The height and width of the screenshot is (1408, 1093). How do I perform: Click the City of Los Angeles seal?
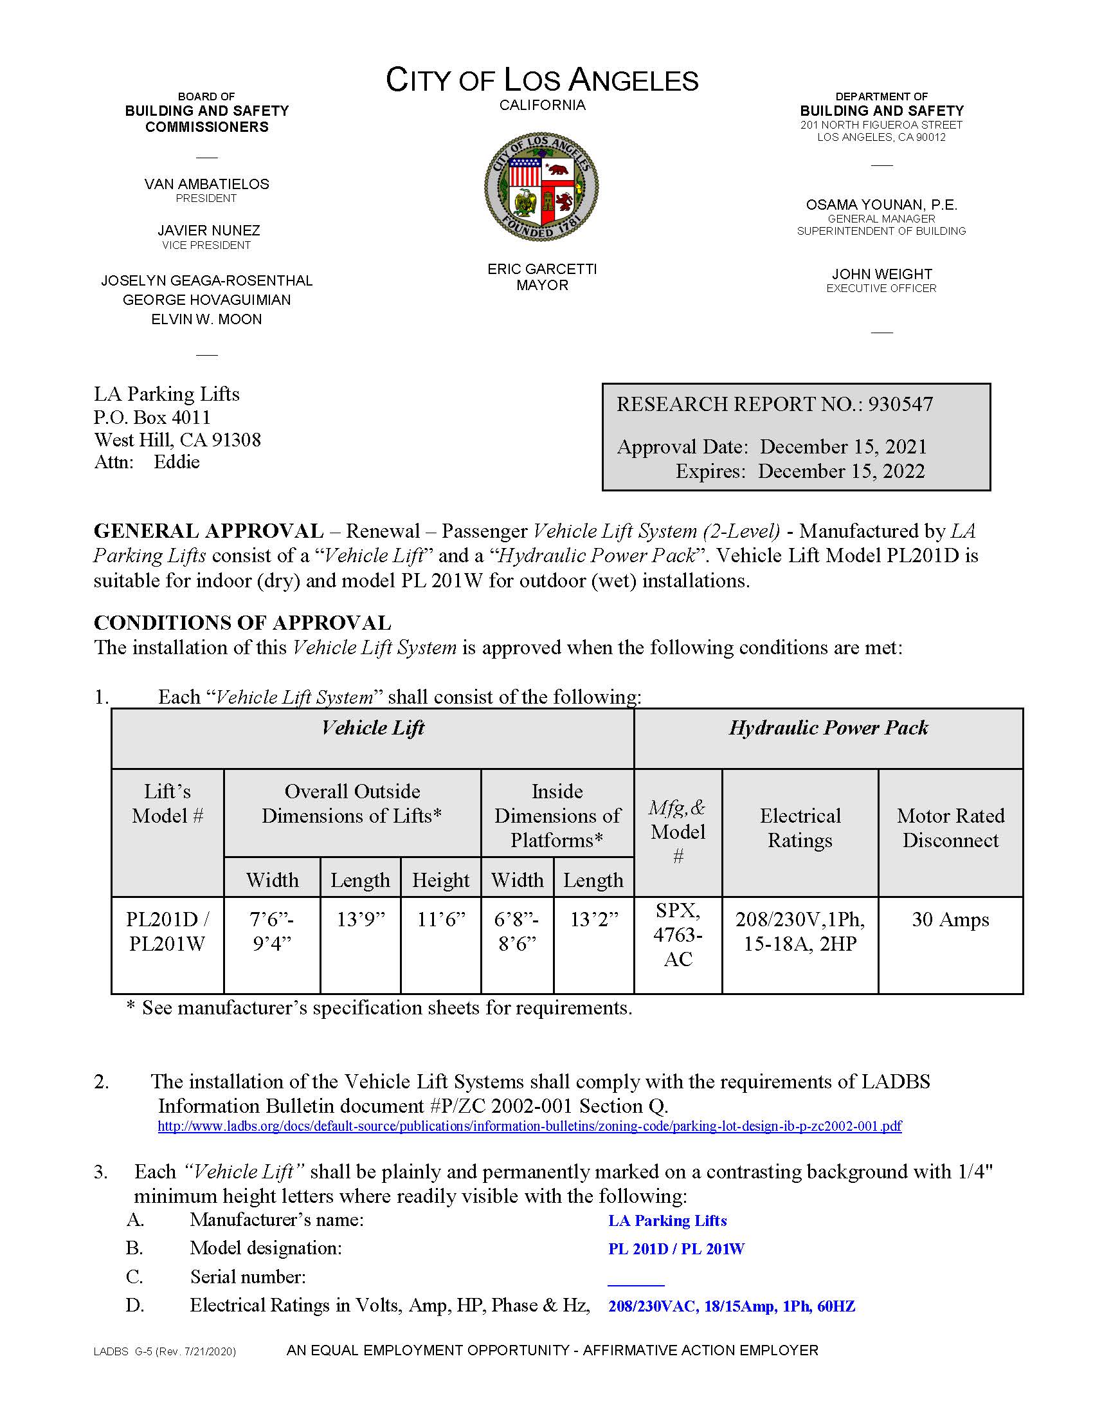[x=541, y=187]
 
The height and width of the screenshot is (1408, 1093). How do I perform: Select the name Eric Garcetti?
[x=542, y=269]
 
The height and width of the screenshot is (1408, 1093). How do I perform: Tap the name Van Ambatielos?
[x=207, y=185]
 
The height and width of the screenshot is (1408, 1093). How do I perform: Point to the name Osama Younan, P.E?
[x=881, y=205]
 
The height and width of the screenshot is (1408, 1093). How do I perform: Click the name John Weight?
[x=881, y=274]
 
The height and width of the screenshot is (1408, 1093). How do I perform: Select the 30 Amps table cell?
[x=950, y=919]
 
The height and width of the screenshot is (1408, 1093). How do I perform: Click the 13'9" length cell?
[x=360, y=919]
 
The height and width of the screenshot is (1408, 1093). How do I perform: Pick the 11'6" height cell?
[x=441, y=919]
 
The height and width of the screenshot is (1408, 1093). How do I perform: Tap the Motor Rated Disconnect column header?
[x=950, y=828]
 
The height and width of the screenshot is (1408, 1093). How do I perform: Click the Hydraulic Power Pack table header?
[x=828, y=728]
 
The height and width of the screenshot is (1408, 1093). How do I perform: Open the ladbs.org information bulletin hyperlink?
[x=529, y=1126]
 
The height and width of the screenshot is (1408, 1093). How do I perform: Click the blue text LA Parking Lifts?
[x=667, y=1220]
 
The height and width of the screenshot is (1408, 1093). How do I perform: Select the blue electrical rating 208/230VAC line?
[x=732, y=1306]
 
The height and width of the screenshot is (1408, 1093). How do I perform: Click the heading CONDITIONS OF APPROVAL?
[x=242, y=623]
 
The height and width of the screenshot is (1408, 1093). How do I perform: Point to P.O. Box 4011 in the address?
[x=152, y=417]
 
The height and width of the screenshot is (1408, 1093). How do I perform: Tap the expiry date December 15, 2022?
[x=841, y=471]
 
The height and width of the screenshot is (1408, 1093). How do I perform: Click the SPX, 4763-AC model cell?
[x=677, y=935]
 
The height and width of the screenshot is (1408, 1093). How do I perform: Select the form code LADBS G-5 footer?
[x=165, y=1351]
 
